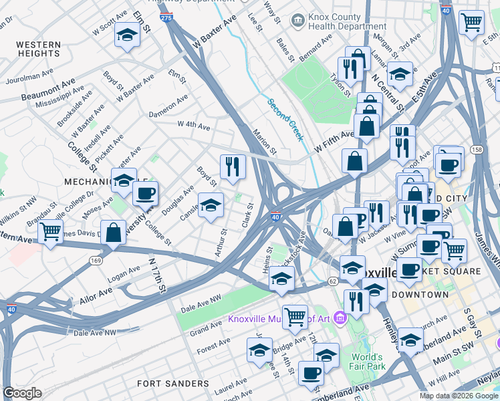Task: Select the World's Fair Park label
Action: coord(367,361)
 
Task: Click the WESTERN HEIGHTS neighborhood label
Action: coord(39,49)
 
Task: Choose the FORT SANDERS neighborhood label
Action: coord(172,384)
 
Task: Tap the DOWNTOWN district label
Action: coord(420,294)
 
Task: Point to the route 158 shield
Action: coord(477,149)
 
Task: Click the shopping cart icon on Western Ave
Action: coord(50,232)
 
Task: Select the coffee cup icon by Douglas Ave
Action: coord(145,194)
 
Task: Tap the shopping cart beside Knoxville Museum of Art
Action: coord(295,317)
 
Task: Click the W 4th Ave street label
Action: coord(194,125)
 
